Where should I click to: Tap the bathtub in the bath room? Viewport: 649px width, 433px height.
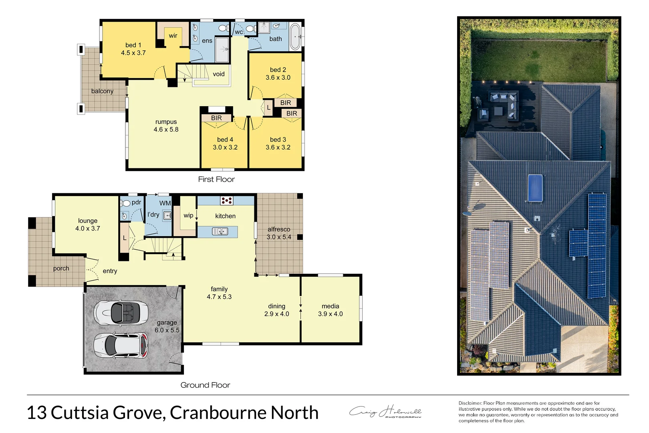(x=295, y=37)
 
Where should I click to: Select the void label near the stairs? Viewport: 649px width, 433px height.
(x=218, y=74)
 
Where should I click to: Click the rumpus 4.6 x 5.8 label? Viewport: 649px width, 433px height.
(x=166, y=125)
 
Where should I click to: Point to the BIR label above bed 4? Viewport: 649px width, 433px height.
(x=216, y=118)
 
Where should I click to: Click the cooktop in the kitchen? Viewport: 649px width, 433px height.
(x=226, y=200)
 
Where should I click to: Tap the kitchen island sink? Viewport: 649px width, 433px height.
(x=220, y=231)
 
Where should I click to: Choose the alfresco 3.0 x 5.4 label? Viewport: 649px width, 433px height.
(x=279, y=233)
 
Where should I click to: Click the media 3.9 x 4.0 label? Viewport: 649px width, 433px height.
(x=330, y=310)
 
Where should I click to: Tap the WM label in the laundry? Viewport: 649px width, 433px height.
(x=165, y=203)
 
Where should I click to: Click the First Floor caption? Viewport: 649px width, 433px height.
(x=216, y=179)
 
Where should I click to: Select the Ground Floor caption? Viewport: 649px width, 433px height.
(x=205, y=385)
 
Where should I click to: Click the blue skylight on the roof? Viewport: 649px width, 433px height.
(x=535, y=188)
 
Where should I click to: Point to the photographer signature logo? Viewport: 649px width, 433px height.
(x=385, y=412)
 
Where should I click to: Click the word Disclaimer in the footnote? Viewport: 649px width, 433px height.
(x=470, y=403)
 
